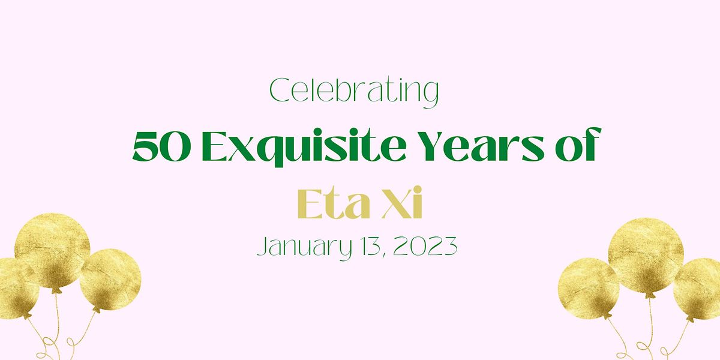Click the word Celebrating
[354, 92]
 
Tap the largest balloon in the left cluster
[52, 252]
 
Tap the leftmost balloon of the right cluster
[589, 287]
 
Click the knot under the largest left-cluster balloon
[55, 290]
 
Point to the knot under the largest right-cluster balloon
[649, 295]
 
